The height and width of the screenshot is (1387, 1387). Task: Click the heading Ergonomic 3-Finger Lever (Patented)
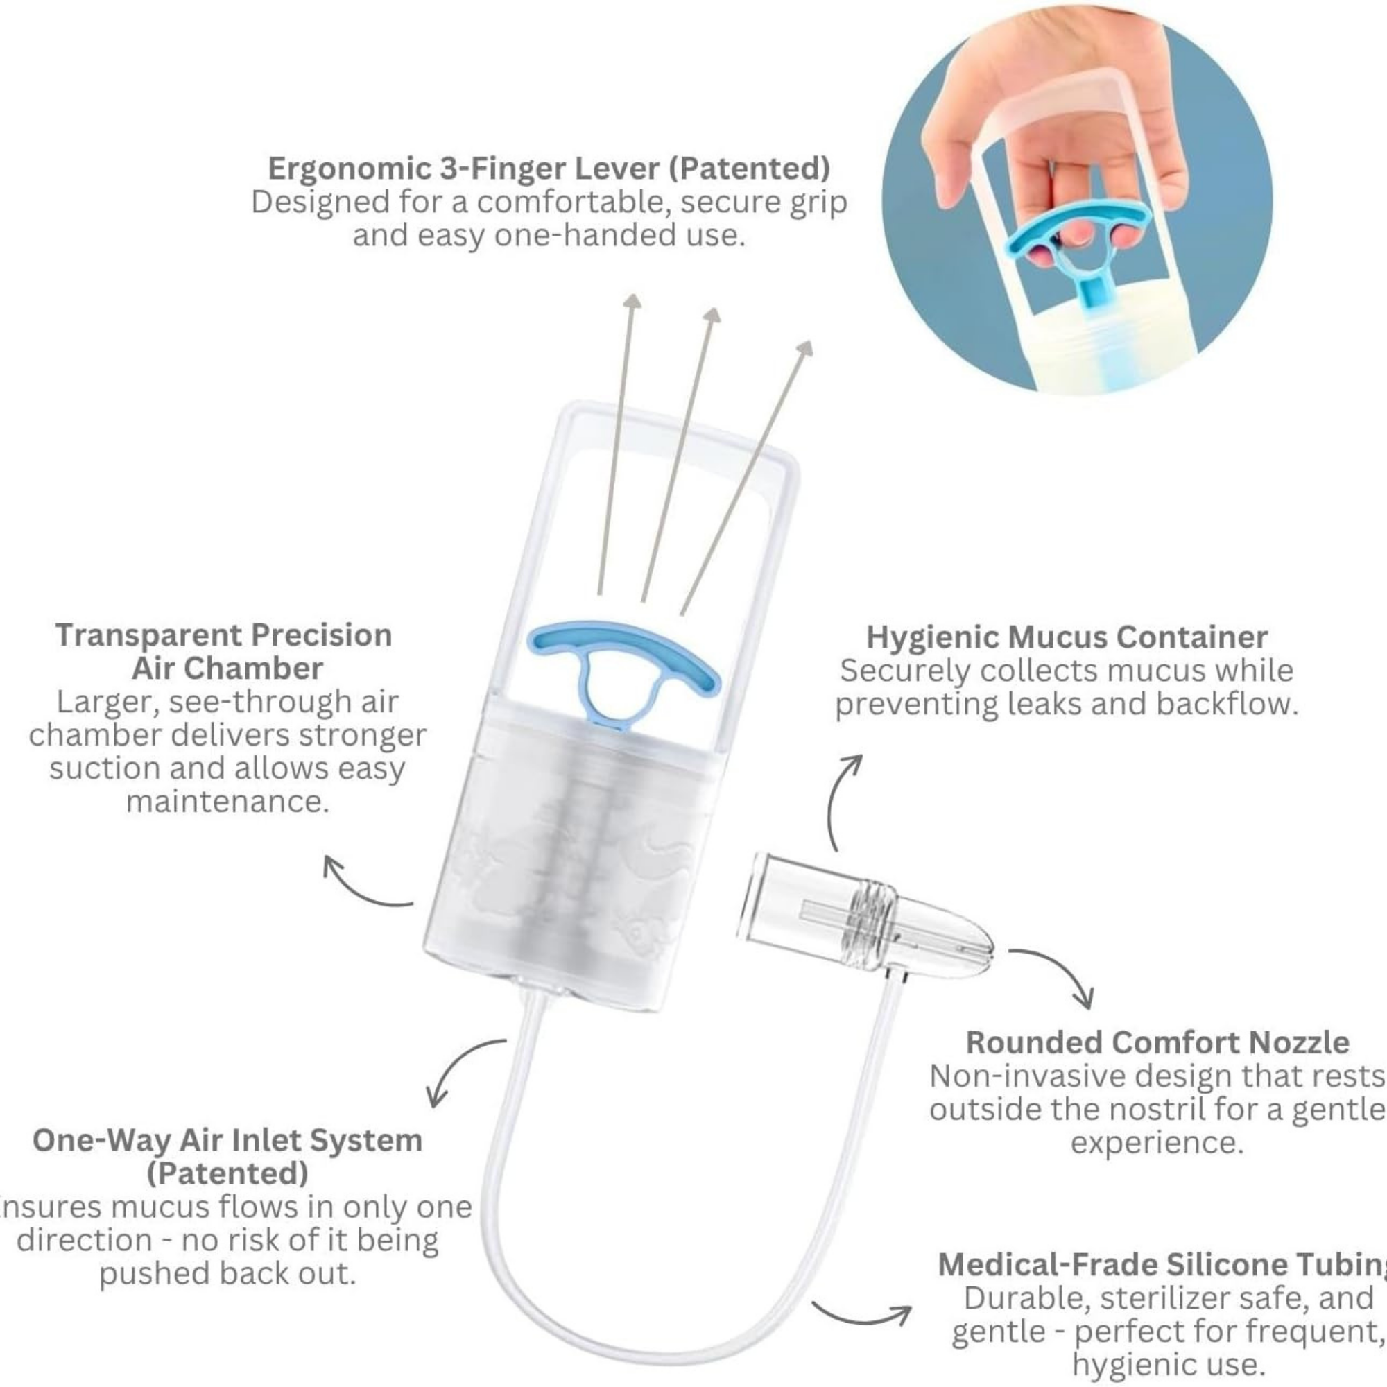(549, 168)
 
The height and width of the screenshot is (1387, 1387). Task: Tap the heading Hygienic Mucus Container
(1067, 637)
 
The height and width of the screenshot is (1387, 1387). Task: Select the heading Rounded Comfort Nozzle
(1157, 1042)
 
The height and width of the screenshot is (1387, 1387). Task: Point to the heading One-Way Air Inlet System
(227, 1140)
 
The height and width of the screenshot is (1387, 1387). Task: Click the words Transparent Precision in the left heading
(224, 635)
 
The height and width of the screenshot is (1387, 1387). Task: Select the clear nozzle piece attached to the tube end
(865, 922)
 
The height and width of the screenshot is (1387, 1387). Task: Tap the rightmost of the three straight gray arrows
(747, 474)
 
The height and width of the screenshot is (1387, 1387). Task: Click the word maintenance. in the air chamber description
(227, 802)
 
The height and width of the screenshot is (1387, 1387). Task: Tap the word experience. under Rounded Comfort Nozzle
(1157, 1142)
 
